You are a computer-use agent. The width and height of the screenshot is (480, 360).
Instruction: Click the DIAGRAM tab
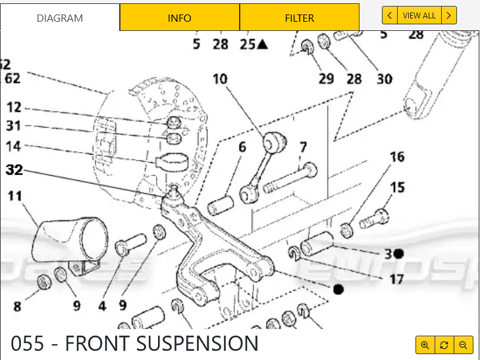pyautogui.click(x=60, y=18)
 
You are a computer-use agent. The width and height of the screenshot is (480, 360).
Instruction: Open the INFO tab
pyautogui.click(x=179, y=18)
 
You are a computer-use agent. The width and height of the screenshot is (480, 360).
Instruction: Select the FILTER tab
pyautogui.click(x=299, y=18)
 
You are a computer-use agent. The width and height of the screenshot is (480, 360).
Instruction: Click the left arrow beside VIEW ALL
pyautogui.click(x=390, y=15)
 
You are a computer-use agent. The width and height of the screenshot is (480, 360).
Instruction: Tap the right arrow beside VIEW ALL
pyautogui.click(x=448, y=15)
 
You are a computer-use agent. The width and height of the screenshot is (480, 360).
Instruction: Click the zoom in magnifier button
pyautogui.click(x=425, y=345)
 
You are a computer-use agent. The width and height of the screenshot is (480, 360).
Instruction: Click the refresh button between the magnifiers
pyautogui.click(x=444, y=345)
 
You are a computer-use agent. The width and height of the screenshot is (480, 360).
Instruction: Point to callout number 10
pyautogui.click(x=219, y=80)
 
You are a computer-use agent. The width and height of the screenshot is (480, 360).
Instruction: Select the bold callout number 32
pyautogui.click(x=14, y=170)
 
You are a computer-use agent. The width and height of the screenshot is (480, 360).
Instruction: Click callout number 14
pyautogui.click(x=13, y=146)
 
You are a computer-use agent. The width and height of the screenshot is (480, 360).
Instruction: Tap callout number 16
pyautogui.click(x=396, y=157)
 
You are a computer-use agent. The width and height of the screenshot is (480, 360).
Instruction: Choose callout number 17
pyautogui.click(x=396, y=279)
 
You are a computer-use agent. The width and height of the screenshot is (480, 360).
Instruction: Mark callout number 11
pyautogui.click(x=14, y=195)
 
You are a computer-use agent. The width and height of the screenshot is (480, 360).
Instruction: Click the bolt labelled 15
pyautogui.click(x=375, y=217)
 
